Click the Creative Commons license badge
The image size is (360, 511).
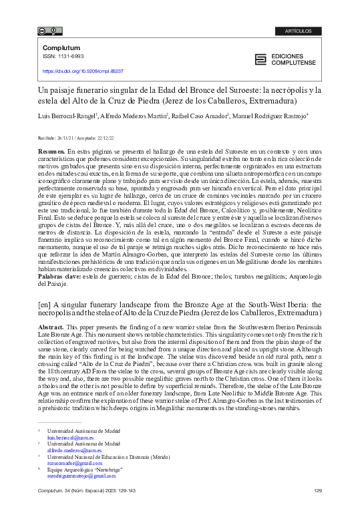click(x=51, y=31)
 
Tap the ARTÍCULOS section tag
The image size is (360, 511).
click(x=298, y=31)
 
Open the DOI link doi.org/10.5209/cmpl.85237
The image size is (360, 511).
click(x=83, y=70)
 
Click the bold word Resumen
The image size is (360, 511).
click(x=51, y=152)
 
